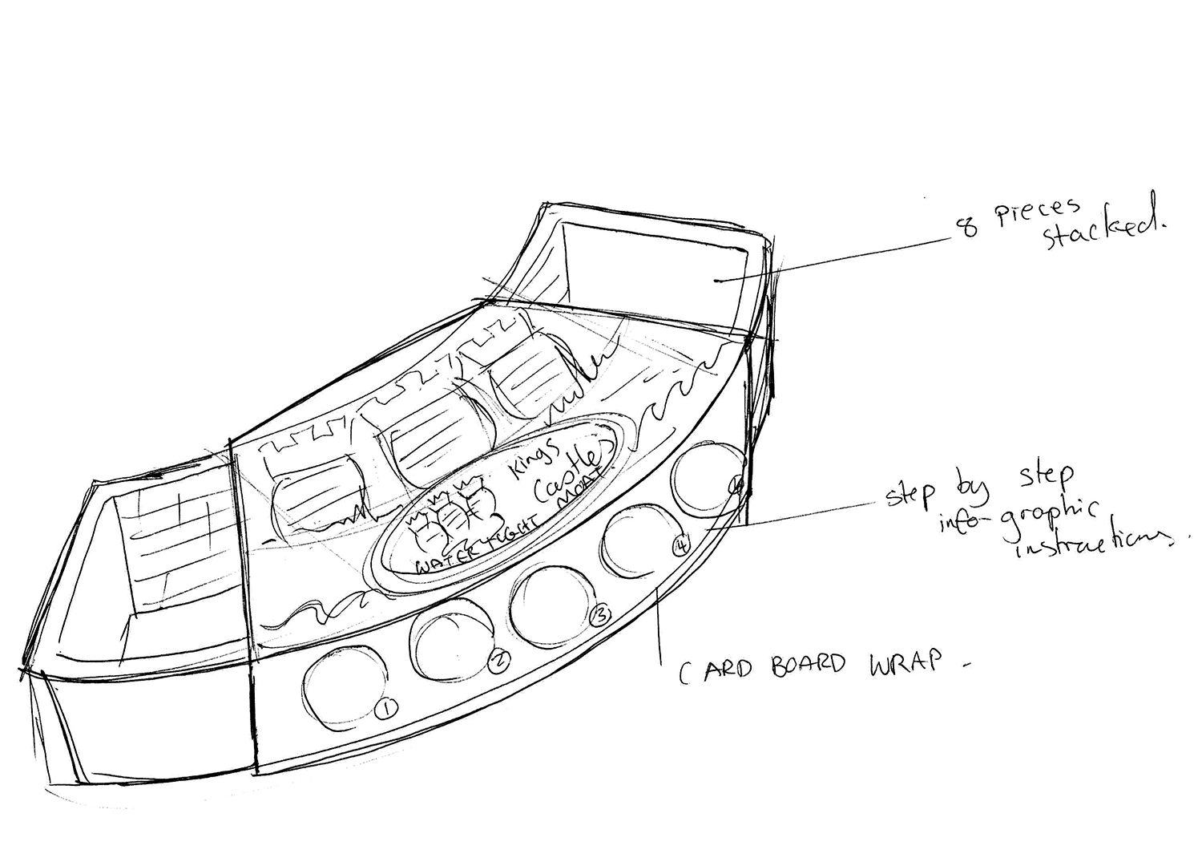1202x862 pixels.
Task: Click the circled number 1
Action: click(386, 709)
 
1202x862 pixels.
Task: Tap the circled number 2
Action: click(498, 660)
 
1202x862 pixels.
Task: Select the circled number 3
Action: click(599, 616)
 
